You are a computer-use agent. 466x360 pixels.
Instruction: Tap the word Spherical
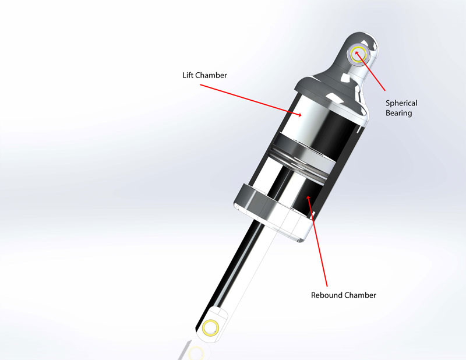[402, 103]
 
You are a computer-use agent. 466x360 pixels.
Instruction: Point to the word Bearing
[399, 113]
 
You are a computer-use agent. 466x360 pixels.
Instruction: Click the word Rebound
[326, 295]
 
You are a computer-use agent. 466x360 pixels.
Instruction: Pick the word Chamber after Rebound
[359, 295]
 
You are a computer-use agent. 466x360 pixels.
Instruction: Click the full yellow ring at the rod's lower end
[211, 327]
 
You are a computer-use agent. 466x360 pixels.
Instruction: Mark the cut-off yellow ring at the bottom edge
[197, 354]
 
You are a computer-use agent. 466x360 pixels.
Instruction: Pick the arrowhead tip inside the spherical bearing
[356, 53]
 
